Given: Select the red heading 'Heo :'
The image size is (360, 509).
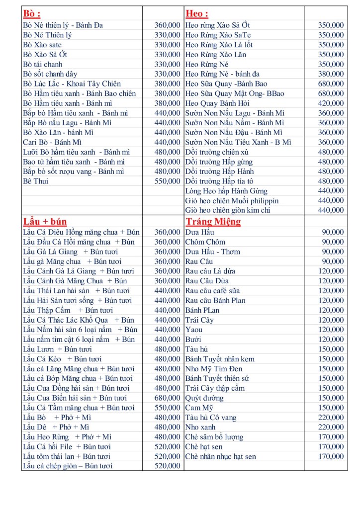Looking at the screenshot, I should click(x=197, y=13).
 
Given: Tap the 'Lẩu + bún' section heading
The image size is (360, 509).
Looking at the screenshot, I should click(x=45, y=222).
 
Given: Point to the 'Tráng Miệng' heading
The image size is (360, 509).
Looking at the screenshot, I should click(x=213, y=222).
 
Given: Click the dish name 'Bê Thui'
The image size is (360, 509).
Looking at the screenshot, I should click(x=36, y=181).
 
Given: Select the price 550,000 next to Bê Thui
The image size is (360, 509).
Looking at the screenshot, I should click(x=168, y=181).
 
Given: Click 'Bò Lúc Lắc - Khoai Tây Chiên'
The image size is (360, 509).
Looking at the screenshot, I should click(x=72, y=84).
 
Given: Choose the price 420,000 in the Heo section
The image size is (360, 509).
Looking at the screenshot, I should click(x=331, y=103).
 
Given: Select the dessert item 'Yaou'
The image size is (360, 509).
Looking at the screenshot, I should click(x=194, y=330).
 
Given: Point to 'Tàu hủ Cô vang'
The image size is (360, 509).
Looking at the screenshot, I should click(x=211, y=418).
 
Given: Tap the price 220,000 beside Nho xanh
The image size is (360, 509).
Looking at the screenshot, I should click(x=331, y=427).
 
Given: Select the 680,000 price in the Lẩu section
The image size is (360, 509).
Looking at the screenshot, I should click(x=168, y=398).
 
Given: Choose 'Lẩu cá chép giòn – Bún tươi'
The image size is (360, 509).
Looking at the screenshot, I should click(x=68, y=466).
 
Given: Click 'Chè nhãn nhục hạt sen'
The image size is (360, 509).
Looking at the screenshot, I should click(x=220, y=456).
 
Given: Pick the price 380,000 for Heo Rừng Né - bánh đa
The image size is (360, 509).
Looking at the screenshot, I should click(x=331, y=74).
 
